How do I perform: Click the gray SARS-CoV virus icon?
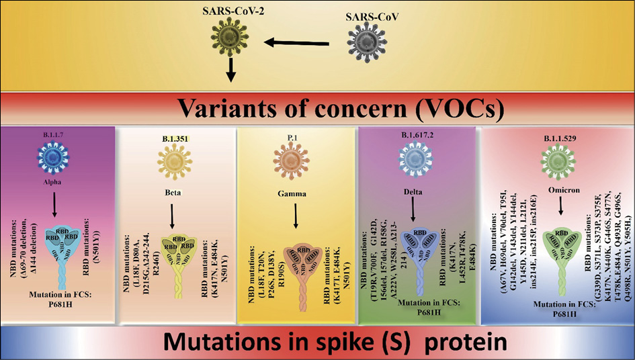(367, 45)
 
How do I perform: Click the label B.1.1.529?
(559, 141)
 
